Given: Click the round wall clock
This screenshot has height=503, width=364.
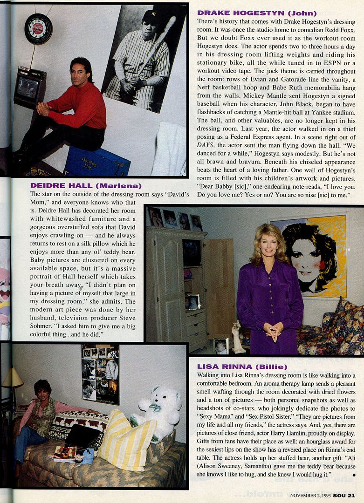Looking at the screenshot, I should point(38,28).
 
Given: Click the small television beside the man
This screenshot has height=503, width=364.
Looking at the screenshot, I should point(29,87).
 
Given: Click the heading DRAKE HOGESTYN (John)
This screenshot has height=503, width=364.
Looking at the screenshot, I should point(257,13).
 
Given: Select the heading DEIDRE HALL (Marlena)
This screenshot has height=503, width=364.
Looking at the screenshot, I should point(85,185).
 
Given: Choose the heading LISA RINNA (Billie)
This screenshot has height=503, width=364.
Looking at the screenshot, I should point(242,367).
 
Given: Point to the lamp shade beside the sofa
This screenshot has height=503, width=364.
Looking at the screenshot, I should point(13,378).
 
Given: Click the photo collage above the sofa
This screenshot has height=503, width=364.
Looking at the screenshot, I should point(100,374).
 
